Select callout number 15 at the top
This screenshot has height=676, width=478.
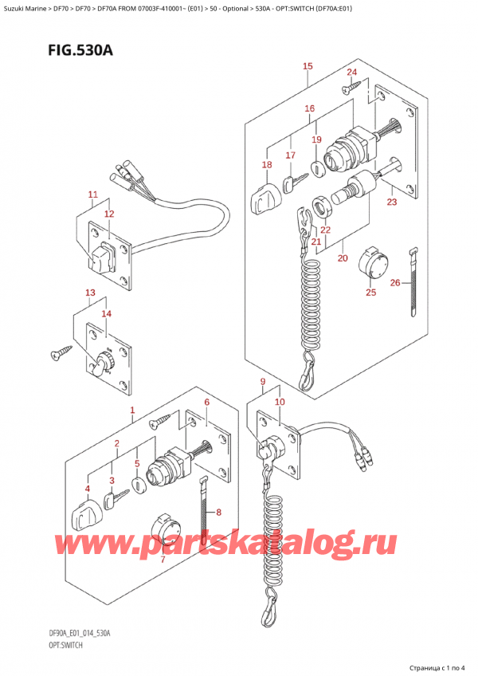click(x=308, y=66)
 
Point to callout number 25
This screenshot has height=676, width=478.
click(x=370, y=293)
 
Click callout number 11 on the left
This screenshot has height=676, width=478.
click(x=92, y=195)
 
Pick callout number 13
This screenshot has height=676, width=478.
click(x=91, y=293)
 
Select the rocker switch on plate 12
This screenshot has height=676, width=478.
click(x=102, y=257)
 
